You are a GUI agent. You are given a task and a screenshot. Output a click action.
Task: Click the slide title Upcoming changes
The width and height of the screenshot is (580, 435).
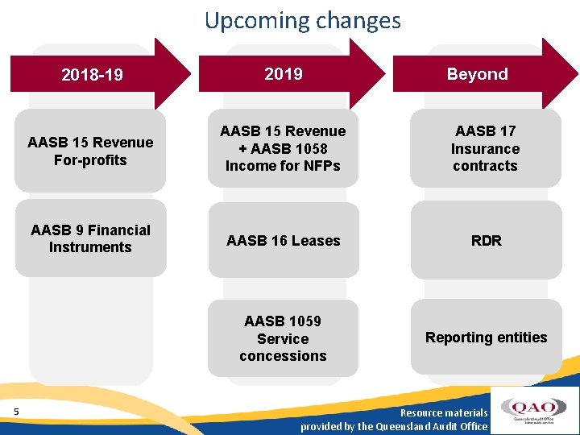(x=302, y=20)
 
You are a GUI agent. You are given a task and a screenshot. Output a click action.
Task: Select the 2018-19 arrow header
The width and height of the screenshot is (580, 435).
(x=93, y=75)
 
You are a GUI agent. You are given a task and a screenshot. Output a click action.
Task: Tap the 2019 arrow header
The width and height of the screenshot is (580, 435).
(x=284, y=74)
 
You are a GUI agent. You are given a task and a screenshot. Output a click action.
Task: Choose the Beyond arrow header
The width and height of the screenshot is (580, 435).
(x=478, y=74)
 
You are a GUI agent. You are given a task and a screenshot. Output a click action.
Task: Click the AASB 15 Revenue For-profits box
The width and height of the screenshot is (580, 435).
(x=90, y=151)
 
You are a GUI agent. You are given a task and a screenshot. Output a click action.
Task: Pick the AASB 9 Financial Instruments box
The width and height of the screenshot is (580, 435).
(x=90, y=238)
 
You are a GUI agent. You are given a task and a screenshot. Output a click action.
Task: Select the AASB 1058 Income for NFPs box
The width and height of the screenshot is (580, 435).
(x=284, y=149)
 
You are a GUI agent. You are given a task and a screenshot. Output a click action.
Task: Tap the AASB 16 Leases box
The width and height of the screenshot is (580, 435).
(x=284, y=241)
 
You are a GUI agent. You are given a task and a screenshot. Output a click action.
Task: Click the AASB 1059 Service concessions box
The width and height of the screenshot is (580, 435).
(x=284, y=338)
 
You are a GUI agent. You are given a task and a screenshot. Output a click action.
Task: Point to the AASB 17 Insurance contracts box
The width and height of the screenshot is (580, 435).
(x=486, y=149)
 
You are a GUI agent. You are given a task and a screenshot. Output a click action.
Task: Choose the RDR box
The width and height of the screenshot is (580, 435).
(x=486, y=241)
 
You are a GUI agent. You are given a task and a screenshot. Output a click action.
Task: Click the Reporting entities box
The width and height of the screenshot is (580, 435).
(x=486, y=338)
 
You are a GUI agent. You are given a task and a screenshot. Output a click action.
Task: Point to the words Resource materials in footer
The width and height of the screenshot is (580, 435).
(x=444, y=413)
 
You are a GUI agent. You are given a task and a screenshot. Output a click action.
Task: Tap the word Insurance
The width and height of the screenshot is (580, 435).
(x=485, y=149)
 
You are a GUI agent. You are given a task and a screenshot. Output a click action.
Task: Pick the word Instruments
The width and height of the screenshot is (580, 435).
(x=90, y=247)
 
